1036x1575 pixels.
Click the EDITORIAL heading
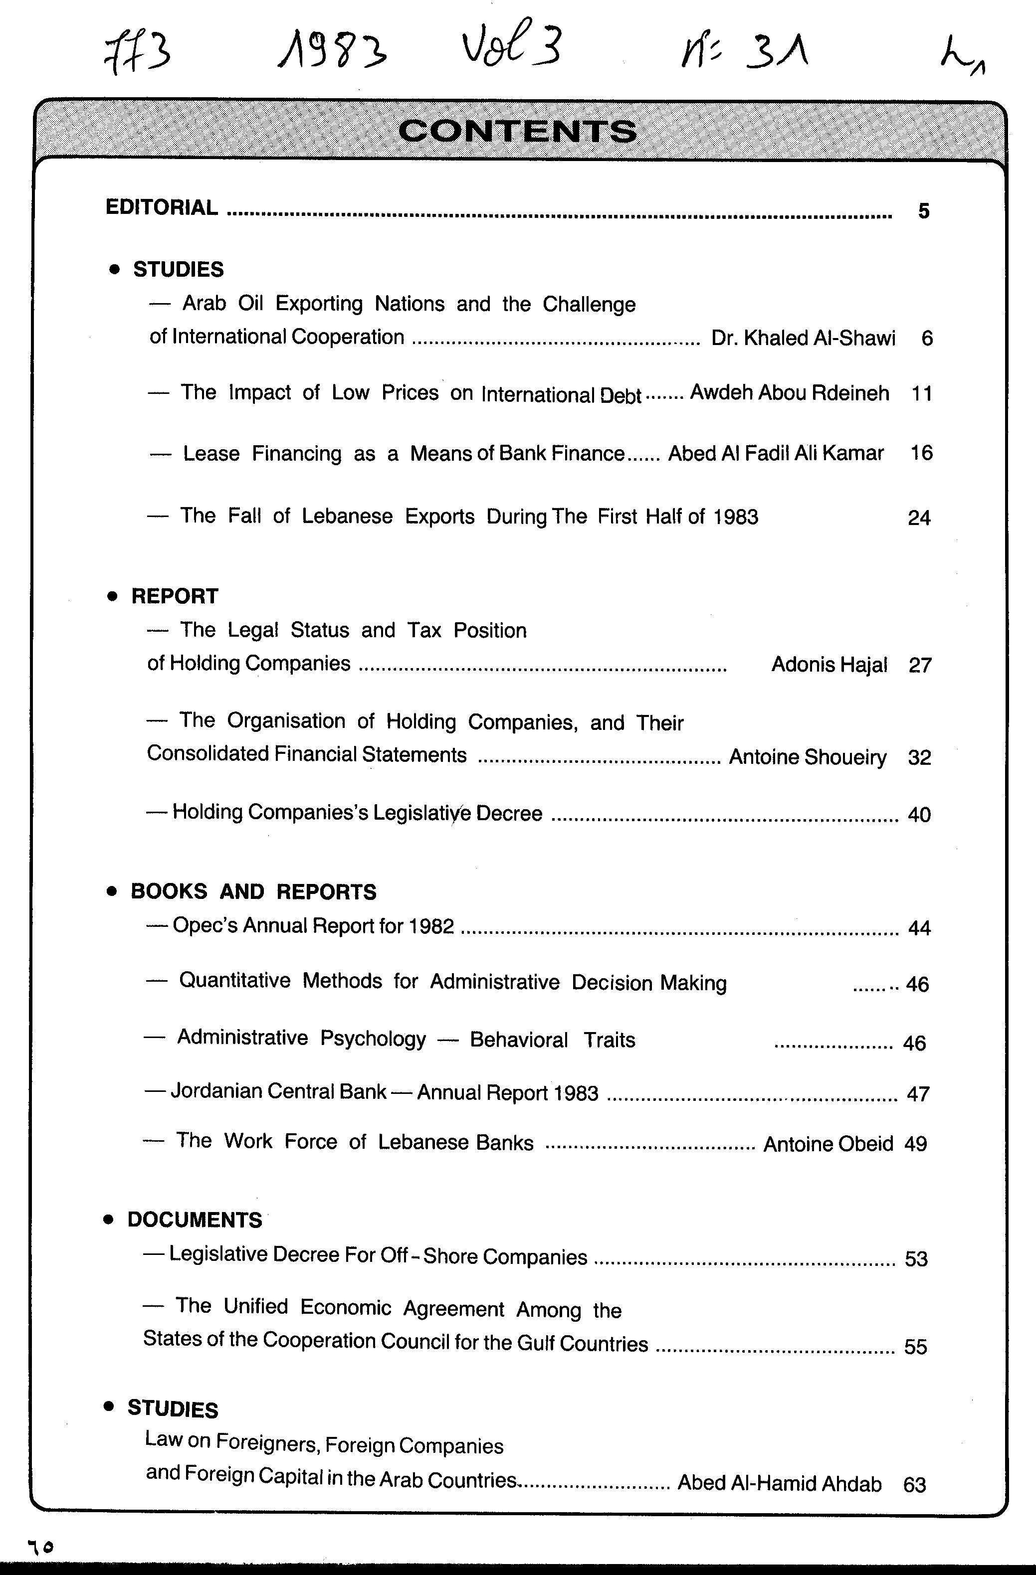(x=162, y=208)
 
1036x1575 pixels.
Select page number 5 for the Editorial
(x=923, y=211)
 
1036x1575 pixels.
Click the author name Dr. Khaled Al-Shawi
(x=803, y=338)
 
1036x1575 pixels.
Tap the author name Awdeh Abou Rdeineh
(x=789, y=393)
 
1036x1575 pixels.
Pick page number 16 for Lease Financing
(x=921, y=453)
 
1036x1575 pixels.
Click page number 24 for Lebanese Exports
(x=919, y=518)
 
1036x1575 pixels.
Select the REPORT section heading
(x=175, y=596)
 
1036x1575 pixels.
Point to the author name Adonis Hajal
(x=829, y=665)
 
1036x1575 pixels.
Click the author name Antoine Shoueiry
(x=808, y=756)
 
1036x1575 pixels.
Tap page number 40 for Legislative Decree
(x=919, y=815)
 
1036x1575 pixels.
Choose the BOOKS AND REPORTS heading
(x=253, y=892)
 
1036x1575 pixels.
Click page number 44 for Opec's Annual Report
(x=919, y=928)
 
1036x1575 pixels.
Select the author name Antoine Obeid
(x=828, y=1144)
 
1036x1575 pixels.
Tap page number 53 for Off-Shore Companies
(x=916, y=1259)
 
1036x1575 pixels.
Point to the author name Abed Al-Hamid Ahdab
(x=779, y=1484)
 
